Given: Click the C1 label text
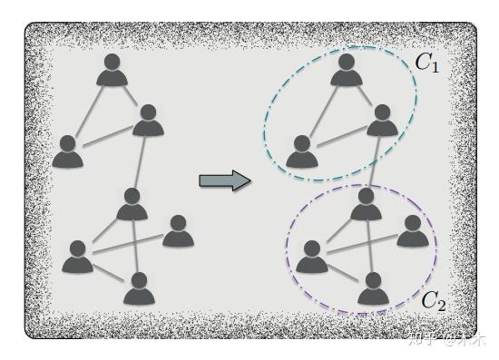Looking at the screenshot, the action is tap(427, 64).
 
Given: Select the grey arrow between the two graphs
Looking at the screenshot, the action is tap(224, 180).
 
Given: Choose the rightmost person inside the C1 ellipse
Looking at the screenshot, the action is tap(382, 122).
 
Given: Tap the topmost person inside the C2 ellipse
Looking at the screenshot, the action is tap(366, 204).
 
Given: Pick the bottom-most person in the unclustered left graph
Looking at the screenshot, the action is tap(138, 288).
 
